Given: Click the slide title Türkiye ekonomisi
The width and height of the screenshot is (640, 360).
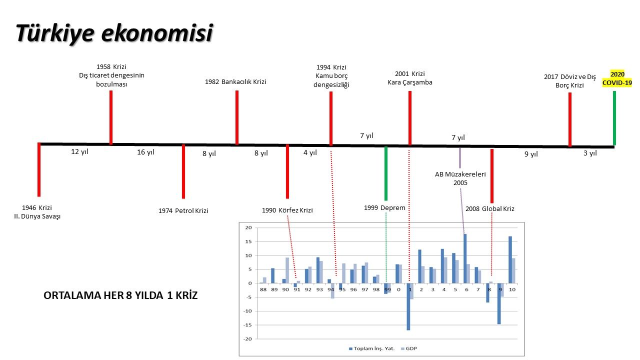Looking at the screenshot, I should [114, 33].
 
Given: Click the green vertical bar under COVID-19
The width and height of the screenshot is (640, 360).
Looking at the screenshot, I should [614, 118].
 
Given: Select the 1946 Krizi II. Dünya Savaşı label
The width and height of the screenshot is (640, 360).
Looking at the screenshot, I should [37, 212].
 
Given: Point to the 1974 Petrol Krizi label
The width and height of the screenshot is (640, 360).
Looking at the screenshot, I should [183, 210].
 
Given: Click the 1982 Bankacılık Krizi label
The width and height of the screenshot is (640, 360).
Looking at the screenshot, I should [235, 81].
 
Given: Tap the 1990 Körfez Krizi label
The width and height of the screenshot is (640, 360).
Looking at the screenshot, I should [287, 210].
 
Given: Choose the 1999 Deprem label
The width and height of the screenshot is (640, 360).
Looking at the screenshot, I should [384, 207].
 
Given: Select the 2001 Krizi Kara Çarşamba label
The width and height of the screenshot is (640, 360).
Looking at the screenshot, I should [409, 78].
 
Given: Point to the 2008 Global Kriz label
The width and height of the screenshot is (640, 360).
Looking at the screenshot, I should [489, 208].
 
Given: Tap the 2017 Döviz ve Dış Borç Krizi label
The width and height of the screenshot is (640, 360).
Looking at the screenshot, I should [569, 81].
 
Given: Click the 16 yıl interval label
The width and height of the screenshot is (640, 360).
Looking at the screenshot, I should [145, 152].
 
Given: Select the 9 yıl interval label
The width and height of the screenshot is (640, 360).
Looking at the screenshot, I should [531, 154].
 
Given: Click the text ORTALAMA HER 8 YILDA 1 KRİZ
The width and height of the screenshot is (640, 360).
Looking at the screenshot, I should [121, 295].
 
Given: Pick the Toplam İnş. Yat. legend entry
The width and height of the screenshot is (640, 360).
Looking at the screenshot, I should [372, 348].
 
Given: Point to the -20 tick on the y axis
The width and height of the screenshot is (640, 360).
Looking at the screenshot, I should [248, 339].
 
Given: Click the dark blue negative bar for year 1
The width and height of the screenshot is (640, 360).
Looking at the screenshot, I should [408, 306].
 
